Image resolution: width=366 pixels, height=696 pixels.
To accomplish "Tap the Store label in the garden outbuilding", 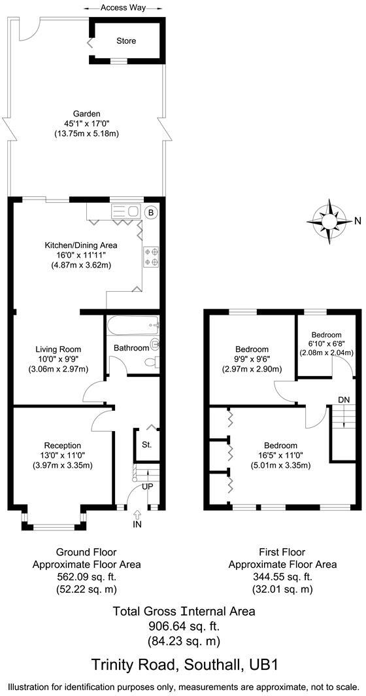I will (x=126, y=41).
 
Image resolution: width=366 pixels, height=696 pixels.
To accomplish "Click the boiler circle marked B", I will (x=150, y=213).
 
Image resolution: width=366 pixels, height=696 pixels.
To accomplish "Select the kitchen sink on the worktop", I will (x=126, y=212).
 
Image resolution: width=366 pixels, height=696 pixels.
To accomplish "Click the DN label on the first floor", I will (x=343, y=400).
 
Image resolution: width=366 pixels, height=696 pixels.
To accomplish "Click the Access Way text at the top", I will (x=123, y=8).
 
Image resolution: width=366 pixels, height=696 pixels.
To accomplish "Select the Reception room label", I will (x=62, y=445).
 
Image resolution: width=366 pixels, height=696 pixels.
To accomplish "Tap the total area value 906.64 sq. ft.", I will (x=184, y=626).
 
